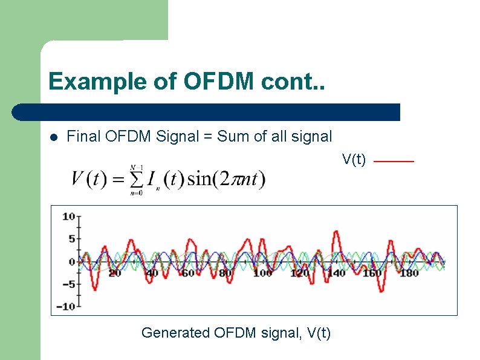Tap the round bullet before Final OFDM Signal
click(x=54, y=137)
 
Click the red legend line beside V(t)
click(x=394, y=162)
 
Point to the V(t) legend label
click(x=354, y=159)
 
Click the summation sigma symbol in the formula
click(x=137, y=180)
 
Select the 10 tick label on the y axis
click(x=68, y=217)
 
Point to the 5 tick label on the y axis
click(x=71, y=239)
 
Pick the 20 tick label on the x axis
click(x=114, y=273)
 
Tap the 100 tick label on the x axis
click(x=262, y=273)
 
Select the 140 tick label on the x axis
click(x=336, y=273)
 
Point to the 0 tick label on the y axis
click(x=71, y=262)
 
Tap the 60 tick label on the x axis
click(x=188, y=273)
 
